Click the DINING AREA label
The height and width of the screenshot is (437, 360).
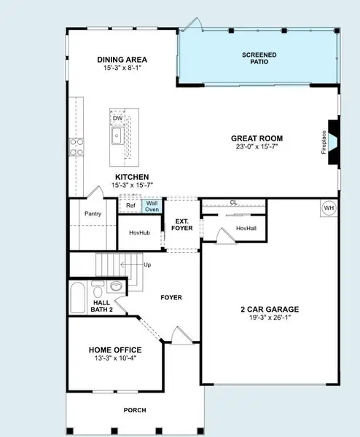(x=122, y=60)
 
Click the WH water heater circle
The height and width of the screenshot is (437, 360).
(x=328, y=208)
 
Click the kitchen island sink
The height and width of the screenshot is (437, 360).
(x=117, y=135)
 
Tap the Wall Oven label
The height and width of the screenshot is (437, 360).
(x=152, y=206)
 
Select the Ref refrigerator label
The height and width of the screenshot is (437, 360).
(x=130, y=205)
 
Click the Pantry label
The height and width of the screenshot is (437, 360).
(x=93, y=214)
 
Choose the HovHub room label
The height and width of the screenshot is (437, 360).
(x=140, y=233)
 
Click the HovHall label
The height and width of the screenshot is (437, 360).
(x=246, y=228)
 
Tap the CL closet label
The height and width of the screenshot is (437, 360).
(x=233, y=202)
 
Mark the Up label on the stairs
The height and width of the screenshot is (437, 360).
(x=148, y=264)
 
